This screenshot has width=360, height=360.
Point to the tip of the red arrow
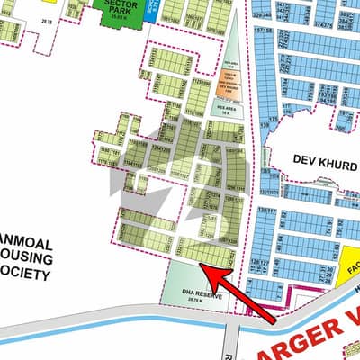pos(200,265)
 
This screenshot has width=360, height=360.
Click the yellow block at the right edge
pos(352,261)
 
